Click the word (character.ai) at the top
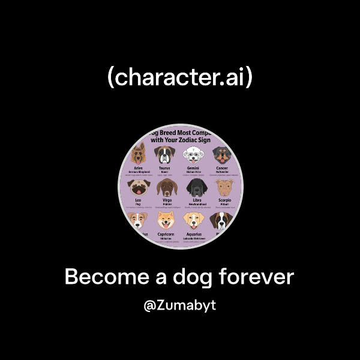click(179, 78)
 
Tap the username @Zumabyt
click(180, 305)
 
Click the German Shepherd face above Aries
click(139, 153)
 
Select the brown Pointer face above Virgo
click(165, 188)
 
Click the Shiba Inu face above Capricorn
click(166, 221)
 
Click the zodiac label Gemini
click(193, 169)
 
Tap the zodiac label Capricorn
click(166, 233)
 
